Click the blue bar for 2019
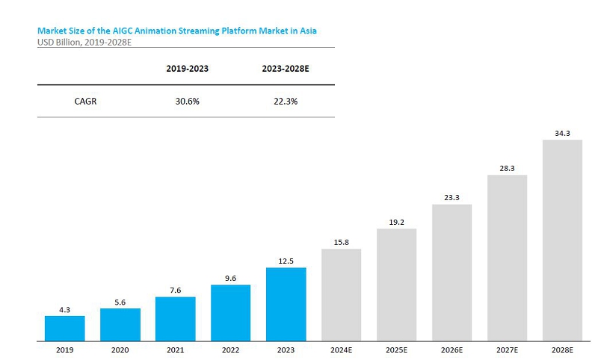65,329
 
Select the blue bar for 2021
176,319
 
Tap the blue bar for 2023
286,305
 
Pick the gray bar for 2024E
342,295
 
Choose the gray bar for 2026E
452,273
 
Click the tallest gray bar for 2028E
563,240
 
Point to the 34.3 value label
563,134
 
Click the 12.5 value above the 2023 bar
286,261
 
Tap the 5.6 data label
120,302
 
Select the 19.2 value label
397,222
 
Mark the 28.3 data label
508,168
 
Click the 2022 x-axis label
231,350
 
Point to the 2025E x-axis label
397,350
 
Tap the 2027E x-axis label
508,350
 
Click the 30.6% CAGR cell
188,102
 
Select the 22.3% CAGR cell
286,102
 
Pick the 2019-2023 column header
188,69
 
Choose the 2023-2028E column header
286,69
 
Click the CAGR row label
85,102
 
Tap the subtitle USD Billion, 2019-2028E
84,43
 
